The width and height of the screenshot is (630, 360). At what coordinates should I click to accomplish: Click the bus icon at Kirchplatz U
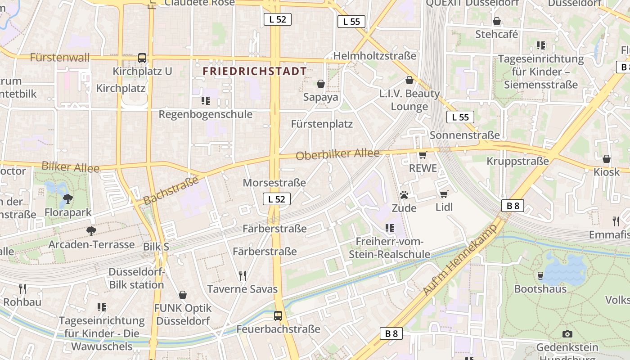[142, 58]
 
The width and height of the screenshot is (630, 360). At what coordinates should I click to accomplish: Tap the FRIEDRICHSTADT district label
[255, 71]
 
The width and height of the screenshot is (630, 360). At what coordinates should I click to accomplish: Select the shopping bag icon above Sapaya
[321, 84]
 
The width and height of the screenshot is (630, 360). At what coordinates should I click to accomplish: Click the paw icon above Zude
[404, 195]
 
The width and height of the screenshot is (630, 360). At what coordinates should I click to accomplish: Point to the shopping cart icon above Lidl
[444, 194]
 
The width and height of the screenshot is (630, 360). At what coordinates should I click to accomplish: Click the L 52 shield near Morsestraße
[277, 199]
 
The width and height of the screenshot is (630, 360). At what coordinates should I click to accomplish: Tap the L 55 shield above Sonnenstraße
[460, 117]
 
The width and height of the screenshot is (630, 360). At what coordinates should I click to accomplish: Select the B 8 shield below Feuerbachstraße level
[391, 333]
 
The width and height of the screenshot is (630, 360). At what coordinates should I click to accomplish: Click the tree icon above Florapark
[68, 198]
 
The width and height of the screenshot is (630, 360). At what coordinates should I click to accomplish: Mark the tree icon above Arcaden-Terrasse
[91, 231]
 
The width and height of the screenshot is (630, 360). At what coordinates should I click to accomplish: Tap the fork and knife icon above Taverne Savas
[243, 275]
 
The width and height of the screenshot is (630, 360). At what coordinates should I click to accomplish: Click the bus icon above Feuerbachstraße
[278, 316]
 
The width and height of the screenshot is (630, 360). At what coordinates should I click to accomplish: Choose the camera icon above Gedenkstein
[567, 334]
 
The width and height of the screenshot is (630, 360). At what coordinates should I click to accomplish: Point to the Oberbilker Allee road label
[337, 154]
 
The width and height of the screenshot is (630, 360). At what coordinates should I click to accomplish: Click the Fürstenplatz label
[322, 124]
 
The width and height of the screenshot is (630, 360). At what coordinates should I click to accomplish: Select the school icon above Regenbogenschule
[206, 101]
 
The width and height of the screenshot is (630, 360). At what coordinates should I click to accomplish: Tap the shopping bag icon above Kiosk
[607, 159]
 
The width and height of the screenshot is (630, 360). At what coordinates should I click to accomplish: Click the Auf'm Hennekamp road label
[460, 260]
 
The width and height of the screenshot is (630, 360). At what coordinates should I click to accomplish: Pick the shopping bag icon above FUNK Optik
[183, 295]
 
